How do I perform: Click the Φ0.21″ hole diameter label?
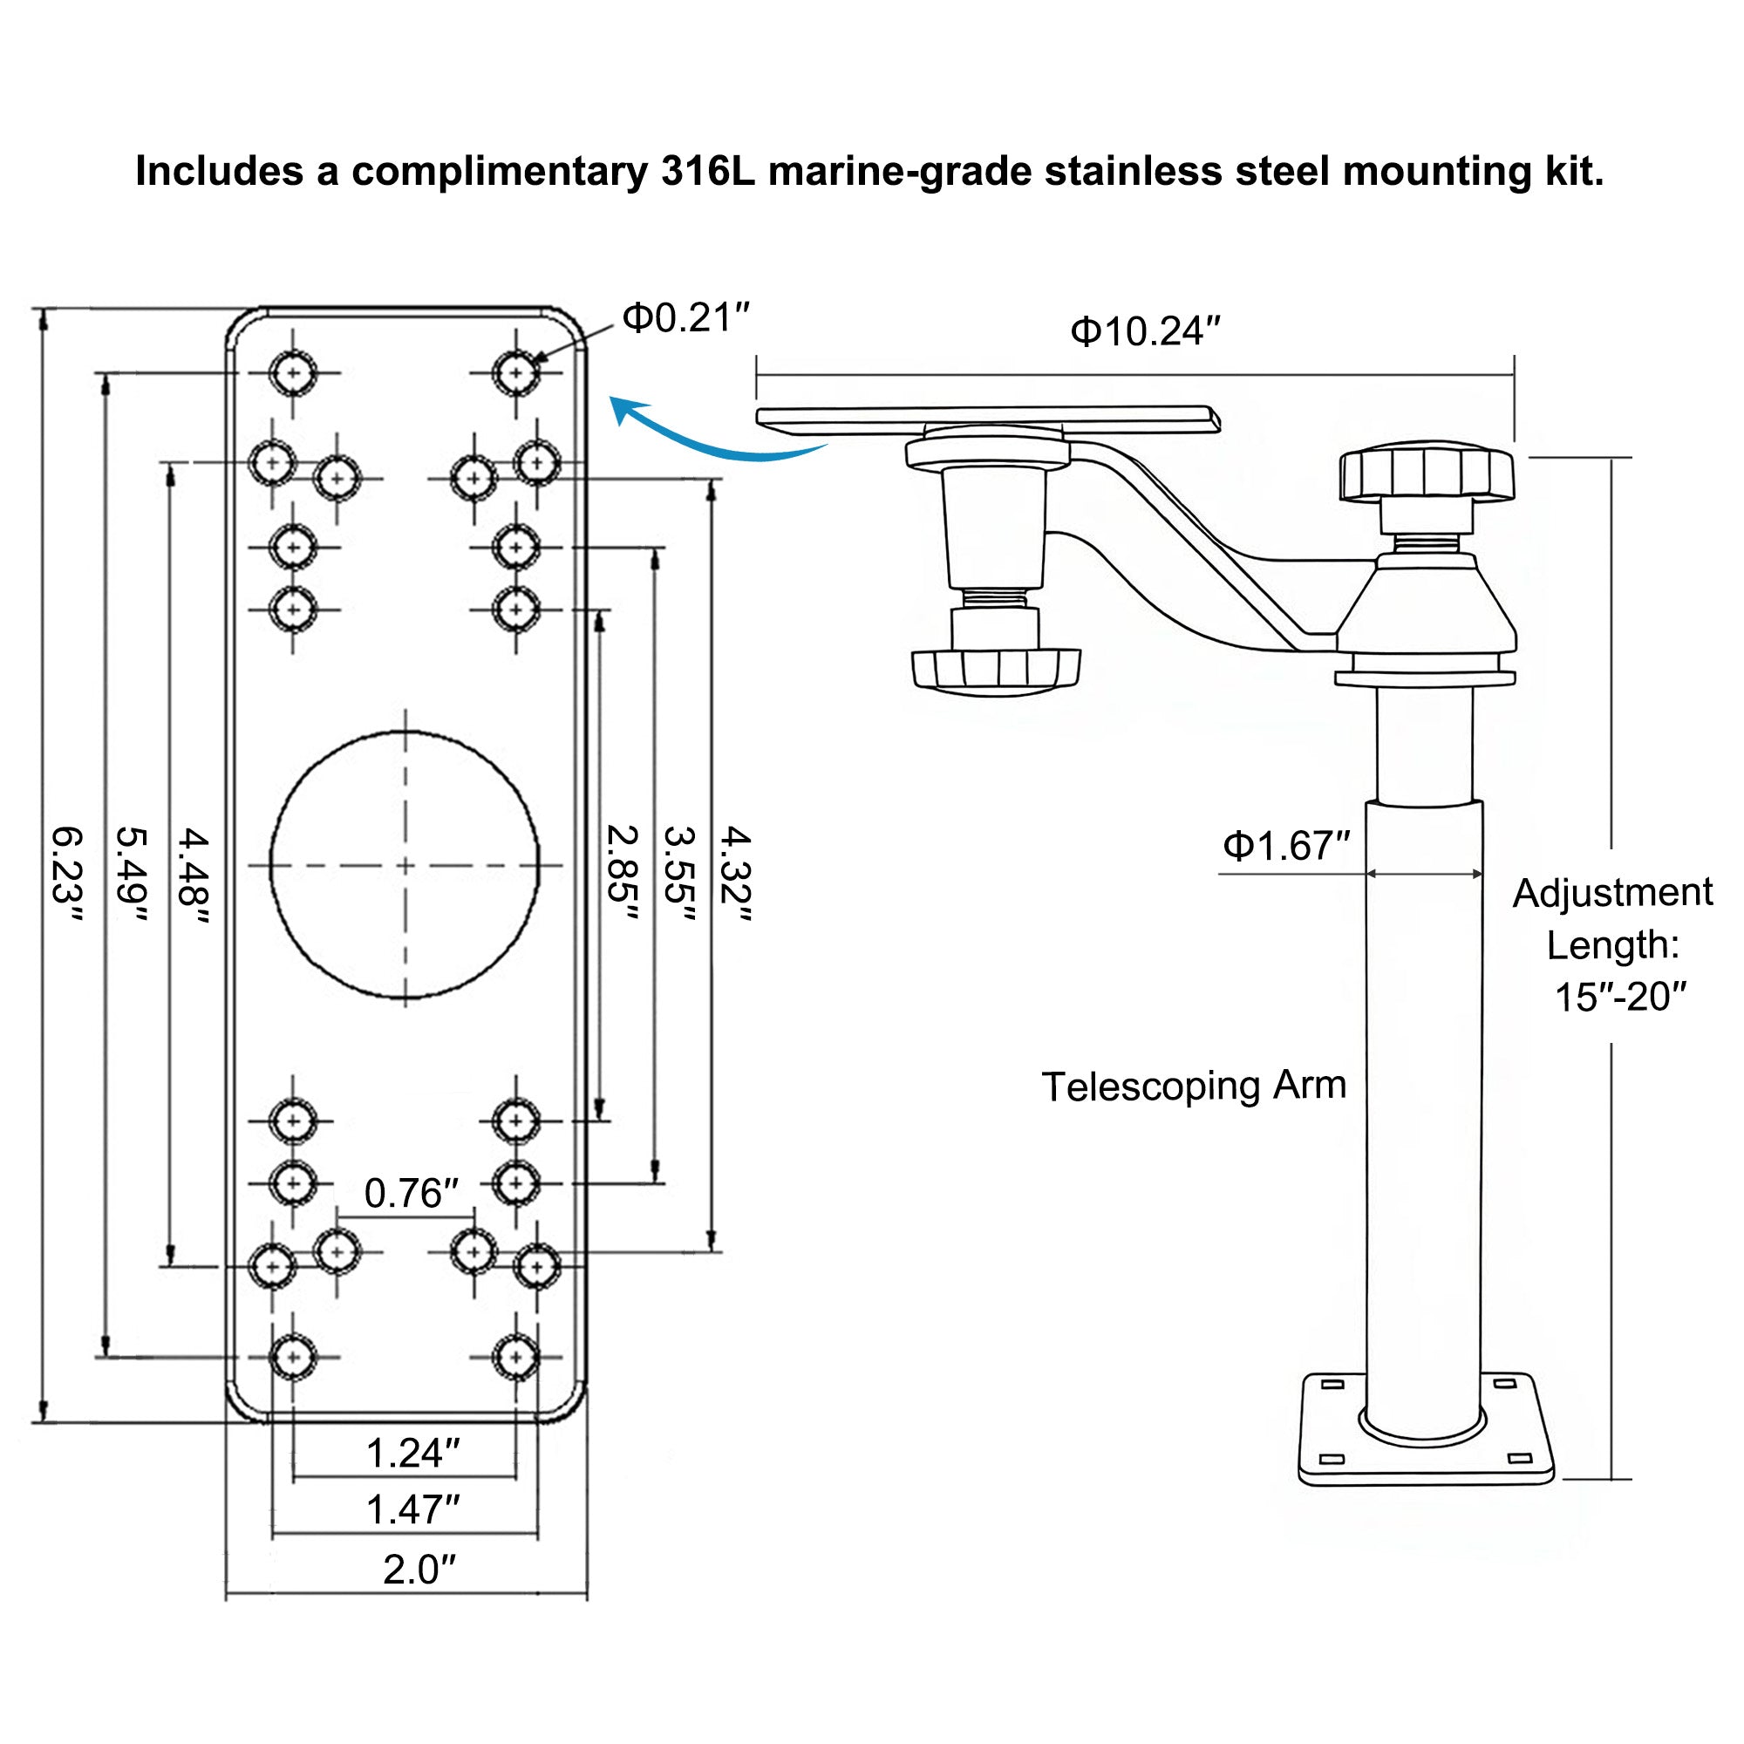tap(686, 318)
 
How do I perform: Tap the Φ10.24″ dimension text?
tap(1145, 332)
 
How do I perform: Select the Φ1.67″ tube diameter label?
tap(1285, 847)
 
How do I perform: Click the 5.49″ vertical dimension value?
tap(132, 875)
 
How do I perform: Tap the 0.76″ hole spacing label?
tap(412, 1195)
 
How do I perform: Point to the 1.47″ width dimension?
tap(412, 1509)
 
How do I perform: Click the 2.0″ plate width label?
tap(419, 1570)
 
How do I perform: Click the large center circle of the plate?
tap(405, 865)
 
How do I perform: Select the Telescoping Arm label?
tap(1194, 1086)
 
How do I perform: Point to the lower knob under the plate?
tap(996, 670)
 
